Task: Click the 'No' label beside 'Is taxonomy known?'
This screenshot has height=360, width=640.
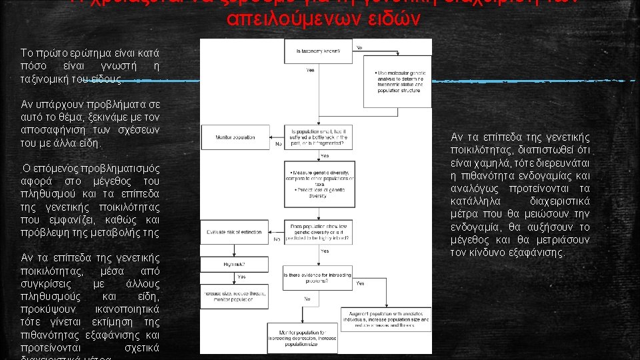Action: tap(359, 47)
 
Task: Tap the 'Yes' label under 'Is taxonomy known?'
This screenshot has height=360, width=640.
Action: tap(311, 70)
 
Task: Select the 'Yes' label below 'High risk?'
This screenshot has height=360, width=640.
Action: tap(241, 277)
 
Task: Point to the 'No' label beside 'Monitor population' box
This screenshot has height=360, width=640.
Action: tap(278, 144)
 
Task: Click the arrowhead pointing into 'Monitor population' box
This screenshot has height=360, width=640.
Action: tap(269, 137)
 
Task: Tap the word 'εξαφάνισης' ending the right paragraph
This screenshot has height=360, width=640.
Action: tap(534, 253)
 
